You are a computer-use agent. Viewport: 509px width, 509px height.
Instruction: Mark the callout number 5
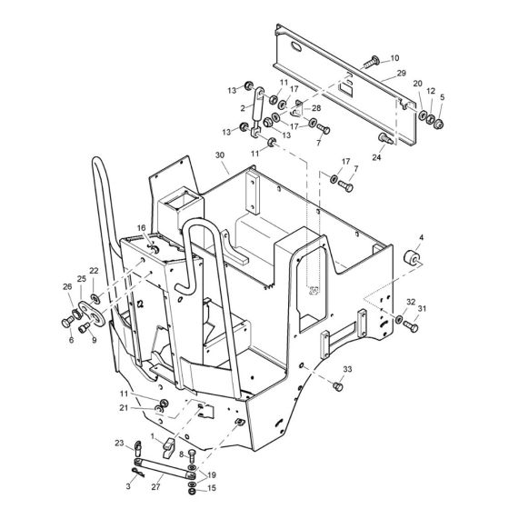coord(443,97)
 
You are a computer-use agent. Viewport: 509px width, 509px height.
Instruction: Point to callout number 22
coord(94,271)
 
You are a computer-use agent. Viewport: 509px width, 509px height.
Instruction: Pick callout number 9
coord(93,342)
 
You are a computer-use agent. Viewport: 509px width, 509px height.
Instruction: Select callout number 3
coord(129,487)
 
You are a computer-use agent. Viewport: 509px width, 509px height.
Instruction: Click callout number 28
coord(316,108)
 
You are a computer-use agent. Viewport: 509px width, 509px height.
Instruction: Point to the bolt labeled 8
coord(191,456)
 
